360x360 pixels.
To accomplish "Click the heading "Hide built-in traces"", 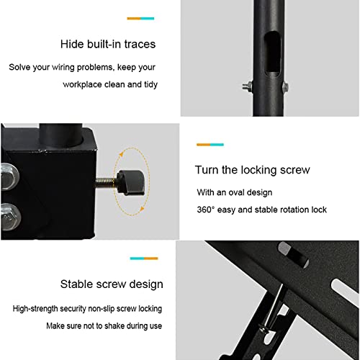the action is [x=108, y=44].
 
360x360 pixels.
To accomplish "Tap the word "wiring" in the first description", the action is [x=63, y=68].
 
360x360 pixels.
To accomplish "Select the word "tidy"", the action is [x=150, y=84].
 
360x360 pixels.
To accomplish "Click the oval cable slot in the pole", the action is [x=272, y=54].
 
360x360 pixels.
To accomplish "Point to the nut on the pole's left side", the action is [x=248, y=86].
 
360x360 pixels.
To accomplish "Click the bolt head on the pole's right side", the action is [x=285, y=86].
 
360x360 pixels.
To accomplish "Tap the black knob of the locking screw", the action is [x=131, y=182].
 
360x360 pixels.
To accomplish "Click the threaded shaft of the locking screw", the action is [x=107, y=182].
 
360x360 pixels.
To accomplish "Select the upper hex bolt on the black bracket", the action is [x=9, y=176].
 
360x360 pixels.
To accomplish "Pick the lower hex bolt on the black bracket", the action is [x=10, y=217].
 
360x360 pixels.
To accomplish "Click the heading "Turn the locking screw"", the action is [x=253, y=170].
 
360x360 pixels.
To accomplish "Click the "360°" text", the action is [x=205, y=210].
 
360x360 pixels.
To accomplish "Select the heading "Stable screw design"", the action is [x=112, y=284].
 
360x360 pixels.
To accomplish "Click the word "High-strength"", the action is [x=35, y=309].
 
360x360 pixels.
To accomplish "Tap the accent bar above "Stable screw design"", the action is [x=144, y=258].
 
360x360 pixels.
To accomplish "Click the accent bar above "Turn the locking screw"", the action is [x=210, y=145].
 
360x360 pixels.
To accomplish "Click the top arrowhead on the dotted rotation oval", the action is [x=121, y=154].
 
